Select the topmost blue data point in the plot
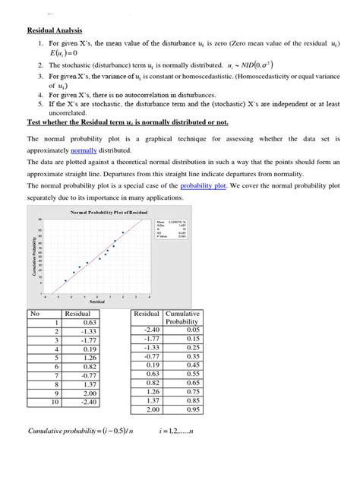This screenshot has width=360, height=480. pyautogui.click(x=123, y=232)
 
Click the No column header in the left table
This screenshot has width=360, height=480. pyautogui.click(x=34, y=313)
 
